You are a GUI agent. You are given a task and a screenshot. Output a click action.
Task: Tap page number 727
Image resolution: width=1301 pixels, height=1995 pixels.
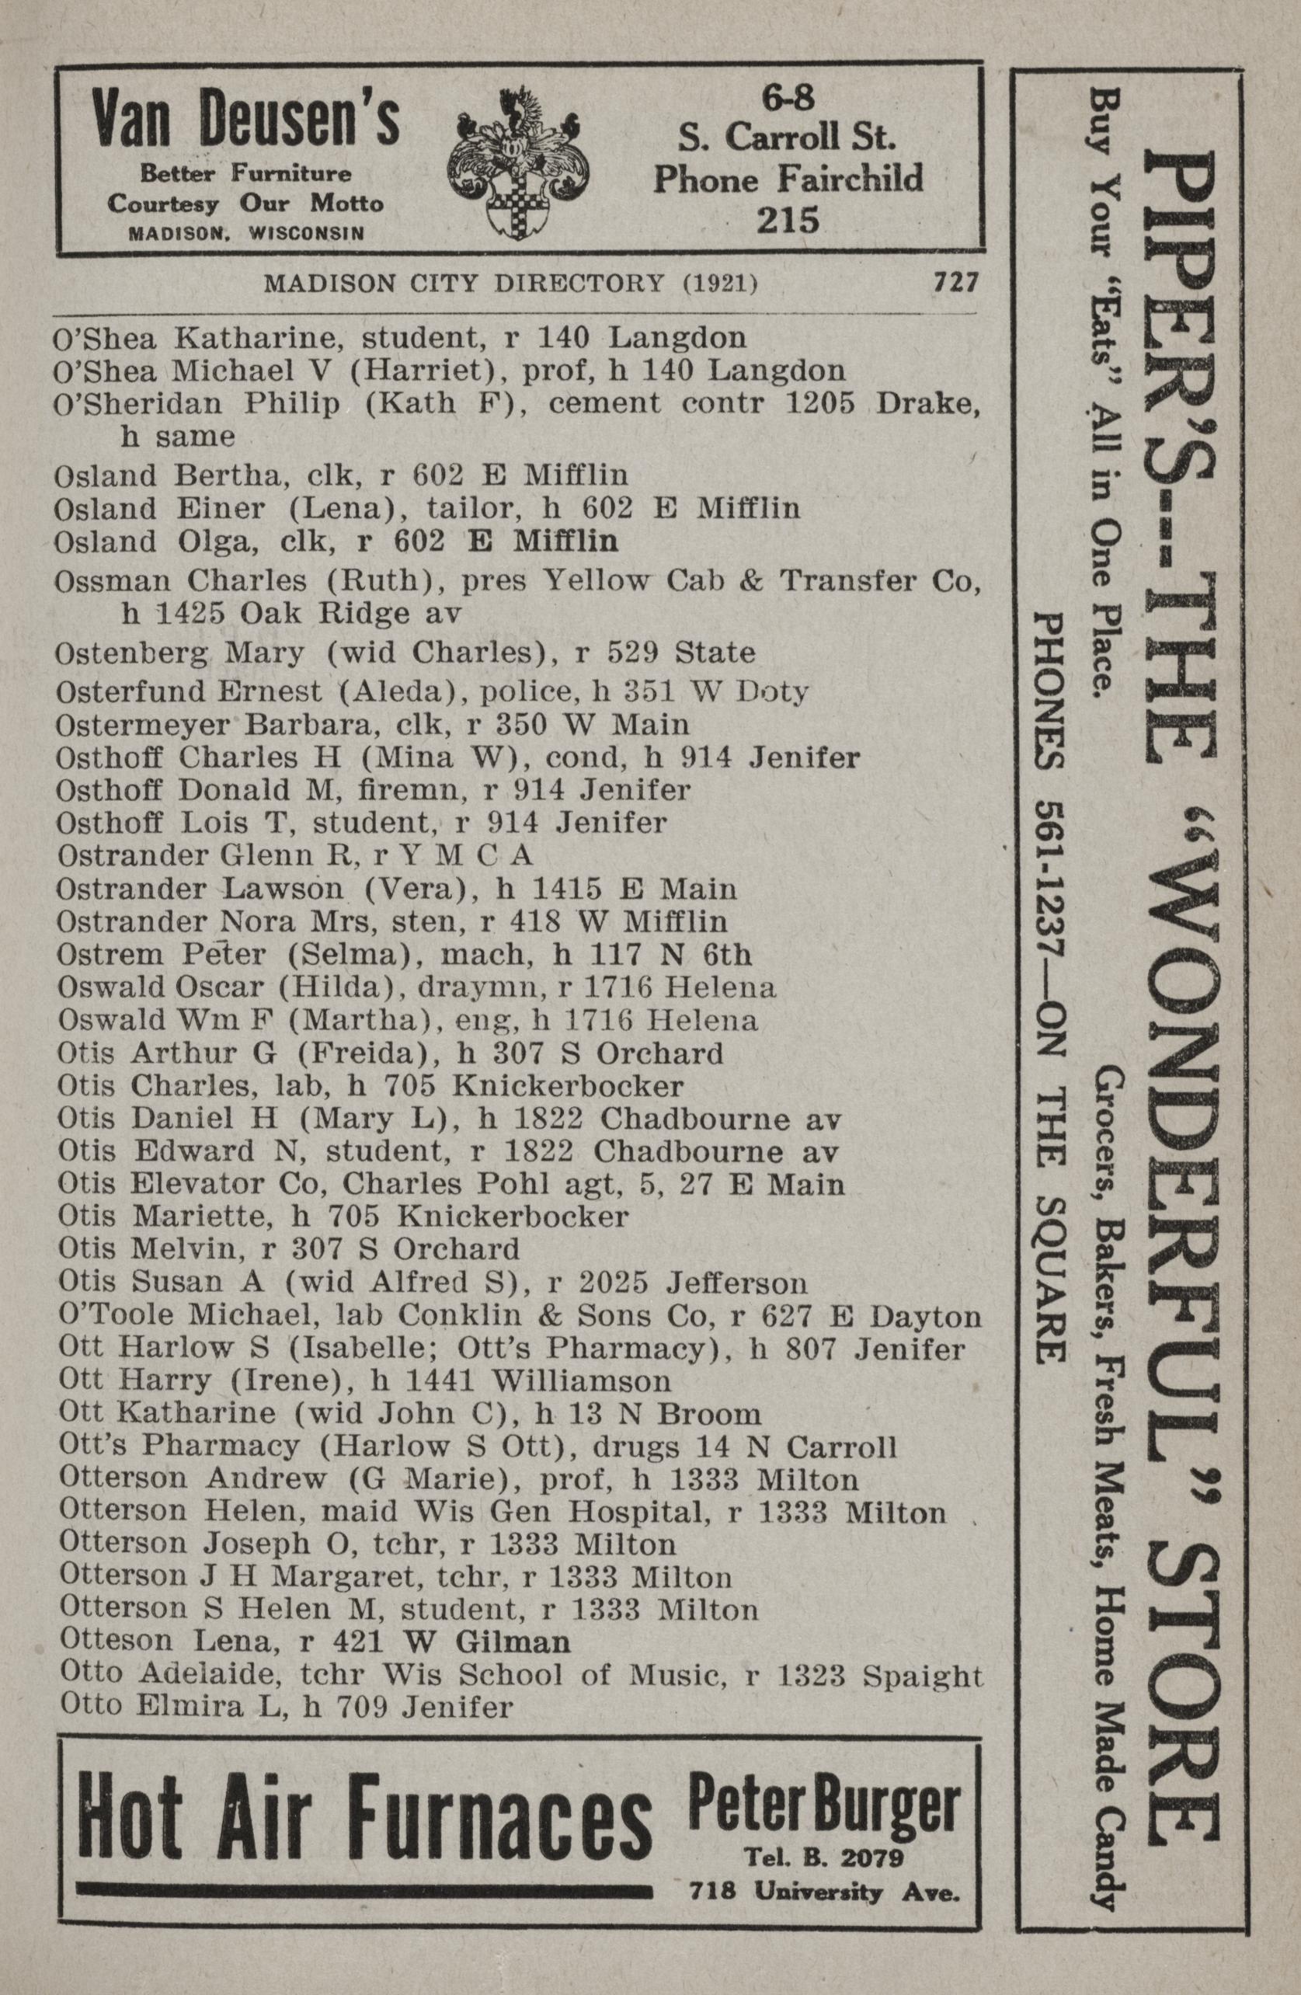click(x=954, y=284)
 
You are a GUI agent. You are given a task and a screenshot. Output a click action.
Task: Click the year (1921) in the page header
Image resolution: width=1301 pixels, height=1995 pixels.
click(x=719, y=284)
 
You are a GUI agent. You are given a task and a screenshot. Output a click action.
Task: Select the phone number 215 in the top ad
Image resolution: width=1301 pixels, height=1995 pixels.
click(x=787, y=220)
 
